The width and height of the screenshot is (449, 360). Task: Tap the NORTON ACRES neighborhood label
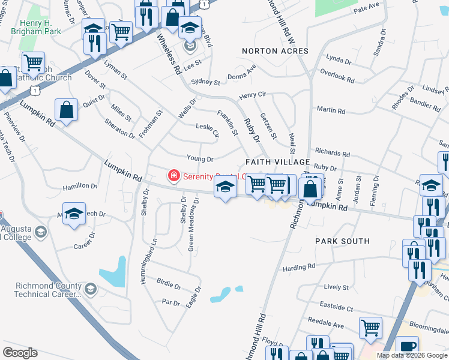[275, 51]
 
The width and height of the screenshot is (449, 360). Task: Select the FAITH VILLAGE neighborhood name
[277, 162]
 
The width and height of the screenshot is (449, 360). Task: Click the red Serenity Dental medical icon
[173, 176]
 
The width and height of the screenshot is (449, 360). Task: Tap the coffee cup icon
[408, 346]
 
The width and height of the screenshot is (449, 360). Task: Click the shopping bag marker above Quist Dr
[66, 110]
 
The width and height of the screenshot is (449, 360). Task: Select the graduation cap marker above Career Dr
[74, 214]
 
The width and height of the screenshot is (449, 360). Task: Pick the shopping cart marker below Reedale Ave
[371, 328]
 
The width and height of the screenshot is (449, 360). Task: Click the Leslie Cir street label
[208, 127]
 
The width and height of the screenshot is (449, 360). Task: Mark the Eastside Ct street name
[336, 307]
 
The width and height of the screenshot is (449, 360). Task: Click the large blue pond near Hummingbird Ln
[113, 272]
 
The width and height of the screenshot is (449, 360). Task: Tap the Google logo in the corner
[20, 352]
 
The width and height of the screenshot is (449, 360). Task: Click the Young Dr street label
[200, 159]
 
